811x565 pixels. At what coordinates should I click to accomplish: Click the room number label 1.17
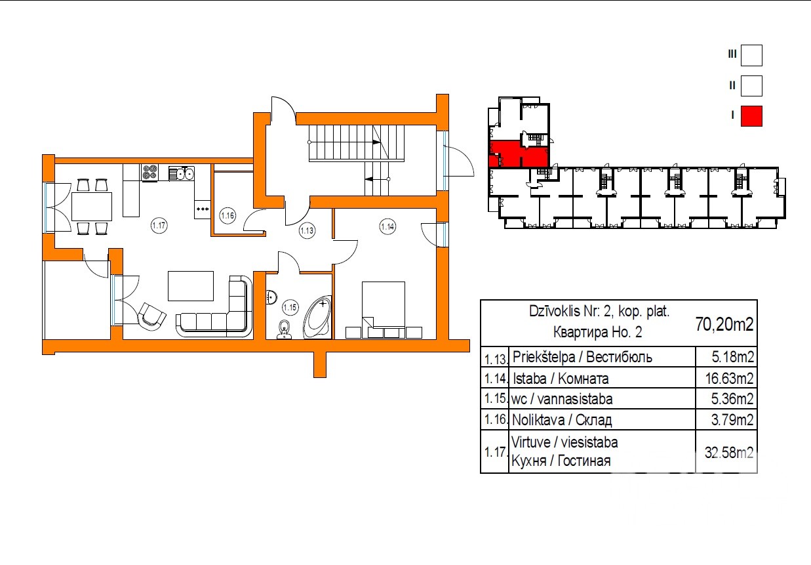click(x=159, y=226)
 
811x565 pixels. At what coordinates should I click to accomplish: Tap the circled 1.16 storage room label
click(x=227, y=216)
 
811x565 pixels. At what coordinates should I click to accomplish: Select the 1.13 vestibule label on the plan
click(x=307, y=230)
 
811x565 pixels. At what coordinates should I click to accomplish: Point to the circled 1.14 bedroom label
click(x=387, y=227)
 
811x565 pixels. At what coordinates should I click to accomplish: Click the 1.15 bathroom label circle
click(x=290, y=308)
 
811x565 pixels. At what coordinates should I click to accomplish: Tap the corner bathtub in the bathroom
click(x=318, y=317)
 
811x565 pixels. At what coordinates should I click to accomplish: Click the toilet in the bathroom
click(x=285, y=330)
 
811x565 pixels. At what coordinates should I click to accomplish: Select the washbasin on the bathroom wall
click(x=271, y=297)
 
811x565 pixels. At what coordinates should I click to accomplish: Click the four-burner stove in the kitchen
click(x=149, y=173)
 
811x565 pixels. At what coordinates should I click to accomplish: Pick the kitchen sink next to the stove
click(x=182, y=173)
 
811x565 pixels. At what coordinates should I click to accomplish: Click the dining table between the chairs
click(x=92, y=207)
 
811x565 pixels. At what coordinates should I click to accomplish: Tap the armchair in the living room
click(x=151, y=316)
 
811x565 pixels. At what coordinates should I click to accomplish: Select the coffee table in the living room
click(x=191, y=286)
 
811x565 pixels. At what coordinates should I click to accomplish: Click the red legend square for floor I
click(x=751, y=116)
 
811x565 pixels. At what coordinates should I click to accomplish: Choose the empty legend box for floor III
click(x=751, y=55)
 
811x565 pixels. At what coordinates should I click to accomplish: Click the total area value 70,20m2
click(x=724, y=324)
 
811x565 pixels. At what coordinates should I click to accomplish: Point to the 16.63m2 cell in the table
click(x=729, y=379)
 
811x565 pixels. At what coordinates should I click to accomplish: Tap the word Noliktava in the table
click(x=538, y=420)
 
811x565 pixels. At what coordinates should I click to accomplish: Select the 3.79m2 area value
click(x=732, y=420)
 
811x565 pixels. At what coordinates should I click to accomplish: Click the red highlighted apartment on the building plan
click(x=519, y=154)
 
